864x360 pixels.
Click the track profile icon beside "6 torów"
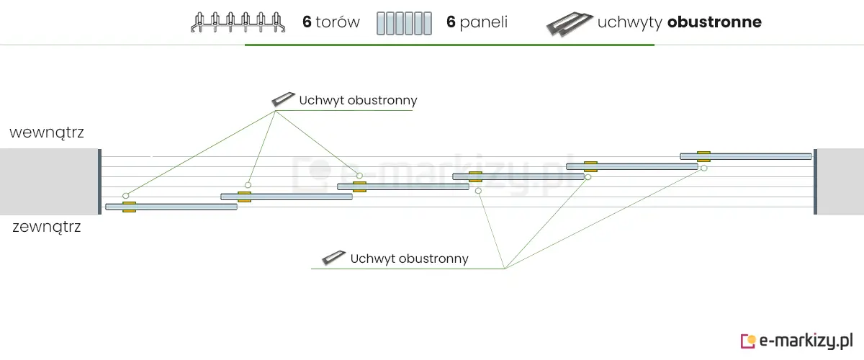pos(236,23)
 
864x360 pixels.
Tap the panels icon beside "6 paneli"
pos(404,23)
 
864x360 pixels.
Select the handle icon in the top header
pos(568,23)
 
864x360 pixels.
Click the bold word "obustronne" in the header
pos(714,22)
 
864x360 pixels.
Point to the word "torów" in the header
pos(338,22)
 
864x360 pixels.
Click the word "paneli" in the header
pos(484,22)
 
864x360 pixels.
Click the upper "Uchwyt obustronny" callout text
pos(358,101)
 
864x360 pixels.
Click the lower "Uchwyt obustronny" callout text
pos(409,258)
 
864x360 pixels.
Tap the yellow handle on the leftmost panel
pos(129,207)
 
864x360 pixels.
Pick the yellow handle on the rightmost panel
pos(703,156)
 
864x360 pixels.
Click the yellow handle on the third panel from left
pos(359,186)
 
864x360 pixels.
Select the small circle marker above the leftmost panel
pos(125,196)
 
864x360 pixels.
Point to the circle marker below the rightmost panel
pos(703,168)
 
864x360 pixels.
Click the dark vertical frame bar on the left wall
pos(99,181)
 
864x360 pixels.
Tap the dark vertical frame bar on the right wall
pos(815,181)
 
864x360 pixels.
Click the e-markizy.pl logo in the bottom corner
pos(797,341)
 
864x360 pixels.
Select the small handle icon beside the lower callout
pos(333,258)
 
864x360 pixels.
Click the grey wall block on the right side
pos(840,181)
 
